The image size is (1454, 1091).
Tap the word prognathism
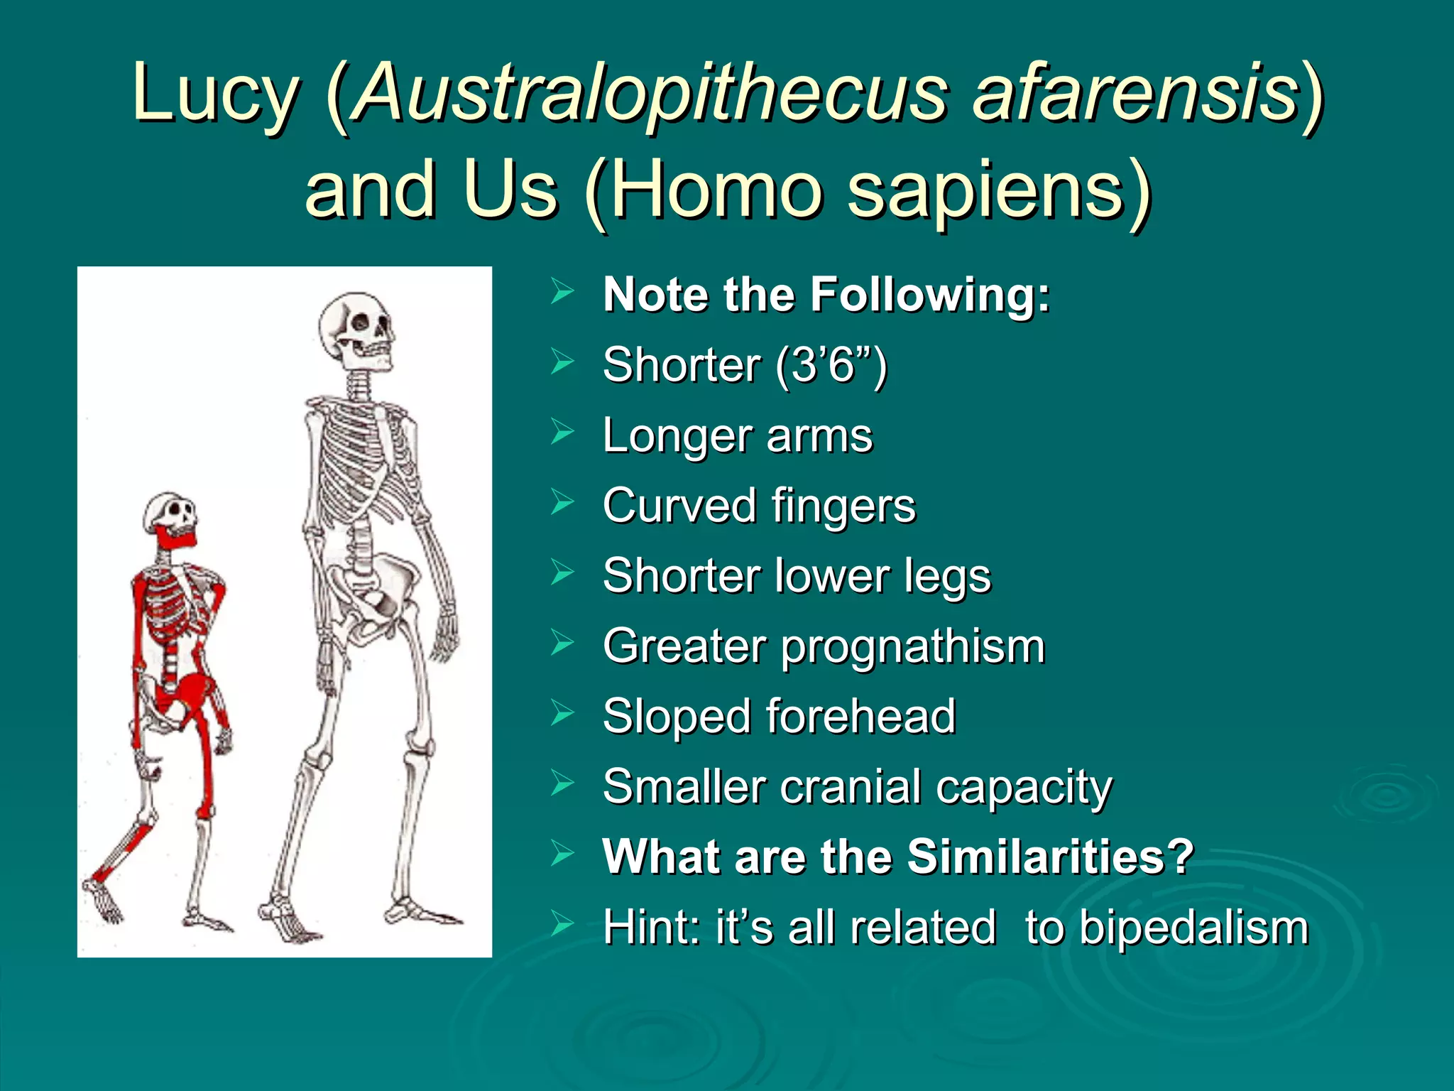click(913, 646)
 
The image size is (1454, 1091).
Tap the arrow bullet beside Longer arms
click(562, 432)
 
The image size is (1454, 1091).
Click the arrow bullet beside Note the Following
click(562, 291)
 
